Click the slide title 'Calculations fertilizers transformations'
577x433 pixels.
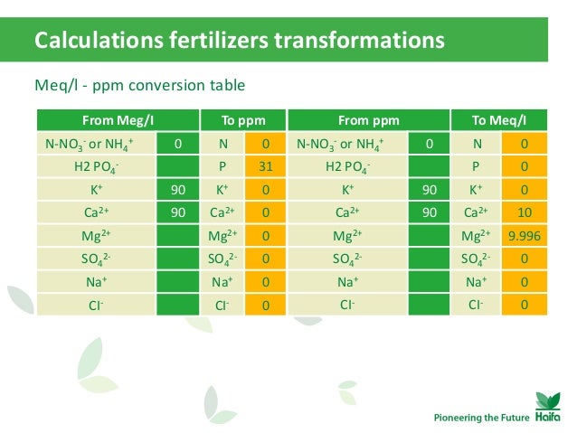239,41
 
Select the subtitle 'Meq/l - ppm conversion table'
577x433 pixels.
139,86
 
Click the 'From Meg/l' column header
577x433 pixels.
117,120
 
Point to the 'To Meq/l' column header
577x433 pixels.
499,120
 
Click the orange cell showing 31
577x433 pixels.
266,166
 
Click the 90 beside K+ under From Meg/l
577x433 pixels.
177,190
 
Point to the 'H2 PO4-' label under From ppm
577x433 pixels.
346,166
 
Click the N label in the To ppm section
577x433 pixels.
222,144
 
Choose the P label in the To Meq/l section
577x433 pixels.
476,166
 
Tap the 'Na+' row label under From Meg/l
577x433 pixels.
95,282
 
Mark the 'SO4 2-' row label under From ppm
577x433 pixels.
346,259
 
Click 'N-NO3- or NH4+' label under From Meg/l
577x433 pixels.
95,144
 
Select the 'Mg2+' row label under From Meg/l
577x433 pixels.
95,236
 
